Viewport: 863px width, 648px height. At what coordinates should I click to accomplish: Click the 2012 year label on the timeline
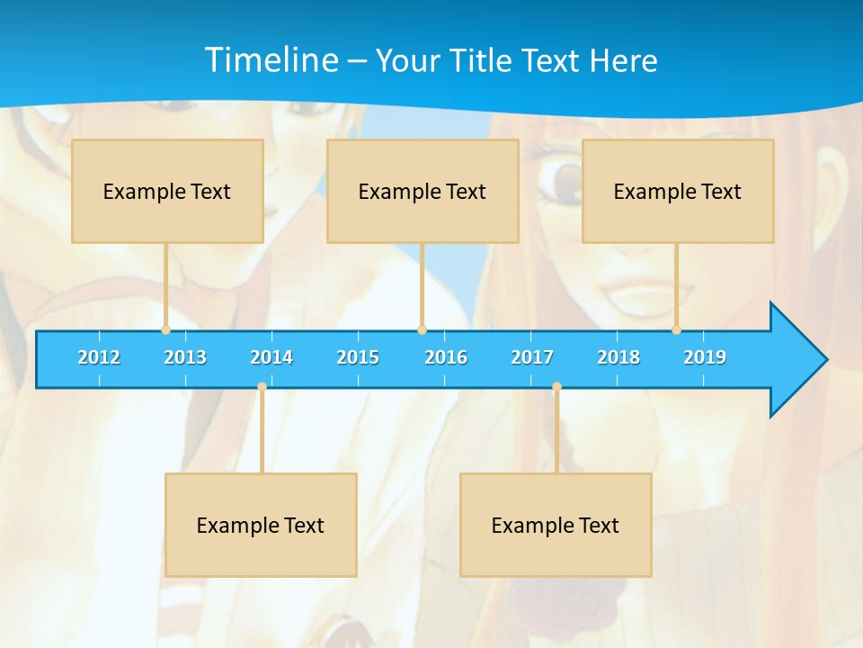[99, 357]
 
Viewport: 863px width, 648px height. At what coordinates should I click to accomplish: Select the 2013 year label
[185, 357]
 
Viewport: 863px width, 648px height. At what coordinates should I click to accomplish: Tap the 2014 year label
[271, 357]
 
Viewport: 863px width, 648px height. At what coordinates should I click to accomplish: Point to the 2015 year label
[358, 357]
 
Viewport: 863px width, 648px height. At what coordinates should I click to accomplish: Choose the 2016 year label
[446, 357]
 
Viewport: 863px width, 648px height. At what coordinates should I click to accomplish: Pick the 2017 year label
[532, 357]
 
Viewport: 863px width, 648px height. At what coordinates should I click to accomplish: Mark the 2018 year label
[618, 357]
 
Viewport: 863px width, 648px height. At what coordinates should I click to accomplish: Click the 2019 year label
[705, 357]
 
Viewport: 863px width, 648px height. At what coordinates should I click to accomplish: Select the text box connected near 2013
[167, 191]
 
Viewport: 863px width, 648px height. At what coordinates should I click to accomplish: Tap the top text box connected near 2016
[423, 191]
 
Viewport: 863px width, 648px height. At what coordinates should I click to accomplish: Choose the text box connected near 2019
[678, 191]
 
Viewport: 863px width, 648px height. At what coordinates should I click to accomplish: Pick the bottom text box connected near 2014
[261, 525]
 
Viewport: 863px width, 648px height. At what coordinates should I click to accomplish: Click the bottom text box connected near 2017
[556, 525]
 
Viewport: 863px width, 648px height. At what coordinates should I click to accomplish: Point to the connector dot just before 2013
[165, 330]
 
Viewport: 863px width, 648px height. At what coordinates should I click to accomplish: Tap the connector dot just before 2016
[422, 330]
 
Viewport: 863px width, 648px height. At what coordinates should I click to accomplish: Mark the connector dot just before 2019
[677, 330]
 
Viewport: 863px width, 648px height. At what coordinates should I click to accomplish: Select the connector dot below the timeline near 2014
[262, 387]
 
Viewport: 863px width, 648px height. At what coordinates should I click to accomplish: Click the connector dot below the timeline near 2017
[556, 387]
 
